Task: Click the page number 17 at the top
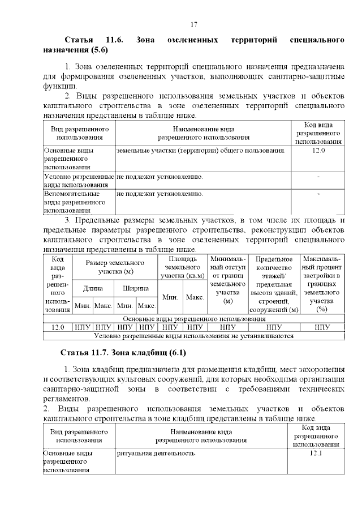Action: (x=193, y=24)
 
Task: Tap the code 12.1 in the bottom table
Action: (x=316, y=454)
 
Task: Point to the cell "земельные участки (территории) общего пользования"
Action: (x=201, y=151)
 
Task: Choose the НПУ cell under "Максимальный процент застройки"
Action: (x=322, y=327)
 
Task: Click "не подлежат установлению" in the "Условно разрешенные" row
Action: (x=160, y=177)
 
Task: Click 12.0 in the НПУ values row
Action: (x=58, y=327)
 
